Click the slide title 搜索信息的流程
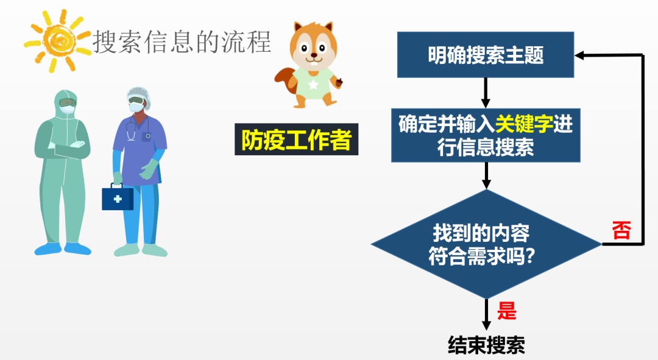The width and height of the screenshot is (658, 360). (x=182, y=42)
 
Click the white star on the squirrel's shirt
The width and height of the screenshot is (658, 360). (x=313, y=84)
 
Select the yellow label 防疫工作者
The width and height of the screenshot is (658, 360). (x=296, y=139)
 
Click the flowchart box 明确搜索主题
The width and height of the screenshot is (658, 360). (x=486, y=55)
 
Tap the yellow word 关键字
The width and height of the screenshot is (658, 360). (x=524, y=124)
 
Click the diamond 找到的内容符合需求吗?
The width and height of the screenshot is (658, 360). (x=486, y=244)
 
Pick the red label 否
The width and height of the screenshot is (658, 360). (x=621, y=230)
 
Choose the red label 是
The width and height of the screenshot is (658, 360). (x=506, y=311)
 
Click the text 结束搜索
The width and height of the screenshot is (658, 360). (x=486, y=345)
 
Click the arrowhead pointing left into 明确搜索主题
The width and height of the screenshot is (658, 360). (x=579, y=55)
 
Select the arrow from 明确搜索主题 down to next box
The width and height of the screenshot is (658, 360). (x=486, y=93)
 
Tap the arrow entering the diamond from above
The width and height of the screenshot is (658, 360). (x=486, y=175)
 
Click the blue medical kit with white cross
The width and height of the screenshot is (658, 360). (x=118, y=197)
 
